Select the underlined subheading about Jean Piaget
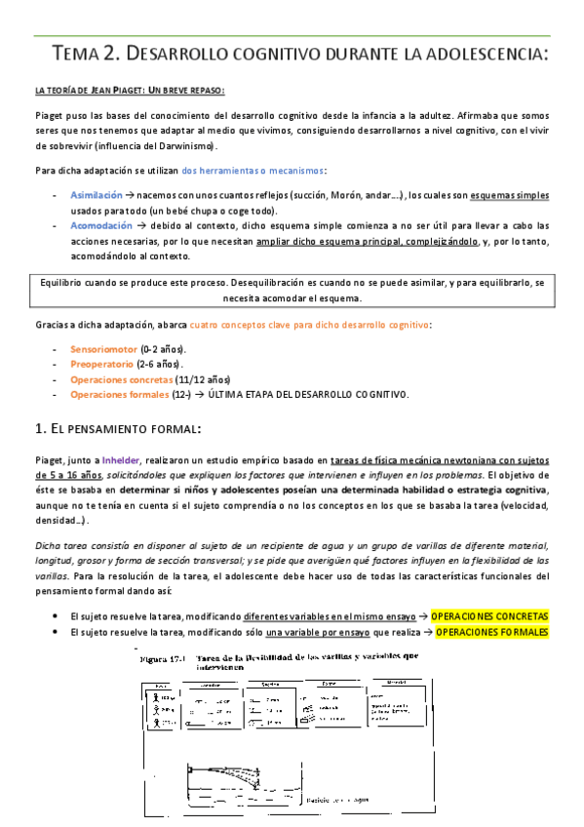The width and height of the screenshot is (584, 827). (x=129, y=92)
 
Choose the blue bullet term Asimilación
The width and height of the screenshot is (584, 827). (x=97, y=195)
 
